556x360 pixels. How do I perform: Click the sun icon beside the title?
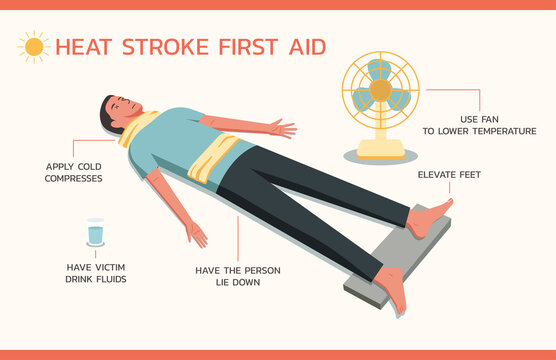pyautogui.click(x=34, y=46)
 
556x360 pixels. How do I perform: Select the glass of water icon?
pyautogui.click(x=95, y=234)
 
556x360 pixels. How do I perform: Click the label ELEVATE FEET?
pyautogui.click(x=448, y=175)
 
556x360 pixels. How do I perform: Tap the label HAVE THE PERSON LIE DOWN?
pyautogui.click(x=238, y=276)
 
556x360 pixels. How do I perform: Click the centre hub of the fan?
pyautogui.click(x=380, y=90)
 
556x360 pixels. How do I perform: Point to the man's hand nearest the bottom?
pyautogui.click(x=197, y=235)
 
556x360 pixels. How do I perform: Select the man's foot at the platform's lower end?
pyautogui.click(x=394, y=290)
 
